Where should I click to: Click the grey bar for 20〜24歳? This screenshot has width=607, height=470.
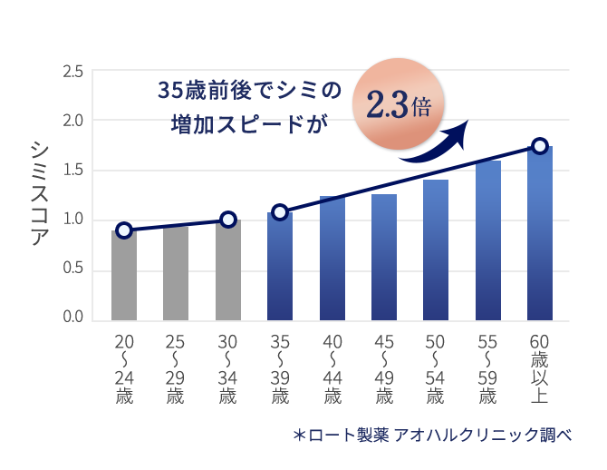(124, 276)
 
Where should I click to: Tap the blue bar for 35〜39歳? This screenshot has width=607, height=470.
(280, 267)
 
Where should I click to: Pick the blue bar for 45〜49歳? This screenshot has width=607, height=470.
(384, 258)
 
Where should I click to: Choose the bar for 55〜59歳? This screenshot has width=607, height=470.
(488, 240)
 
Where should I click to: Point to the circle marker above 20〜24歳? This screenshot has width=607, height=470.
(124, 230)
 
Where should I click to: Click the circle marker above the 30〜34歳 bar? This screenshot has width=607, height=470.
(228, 219)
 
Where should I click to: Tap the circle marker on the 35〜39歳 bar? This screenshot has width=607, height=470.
(280, 212)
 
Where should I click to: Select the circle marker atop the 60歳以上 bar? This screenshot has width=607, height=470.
(540, 146)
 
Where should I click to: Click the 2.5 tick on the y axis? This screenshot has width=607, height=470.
(73, 71)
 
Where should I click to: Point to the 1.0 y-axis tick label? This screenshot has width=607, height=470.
(73, 220)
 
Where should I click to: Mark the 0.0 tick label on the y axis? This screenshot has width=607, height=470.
(73, 318)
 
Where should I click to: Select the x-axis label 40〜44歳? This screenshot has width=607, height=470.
(332, 369)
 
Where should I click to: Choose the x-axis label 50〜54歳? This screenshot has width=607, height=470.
(437, 369)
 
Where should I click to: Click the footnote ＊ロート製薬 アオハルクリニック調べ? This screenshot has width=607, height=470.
(432, 435)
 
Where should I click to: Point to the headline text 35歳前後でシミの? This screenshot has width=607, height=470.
(249, 92)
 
